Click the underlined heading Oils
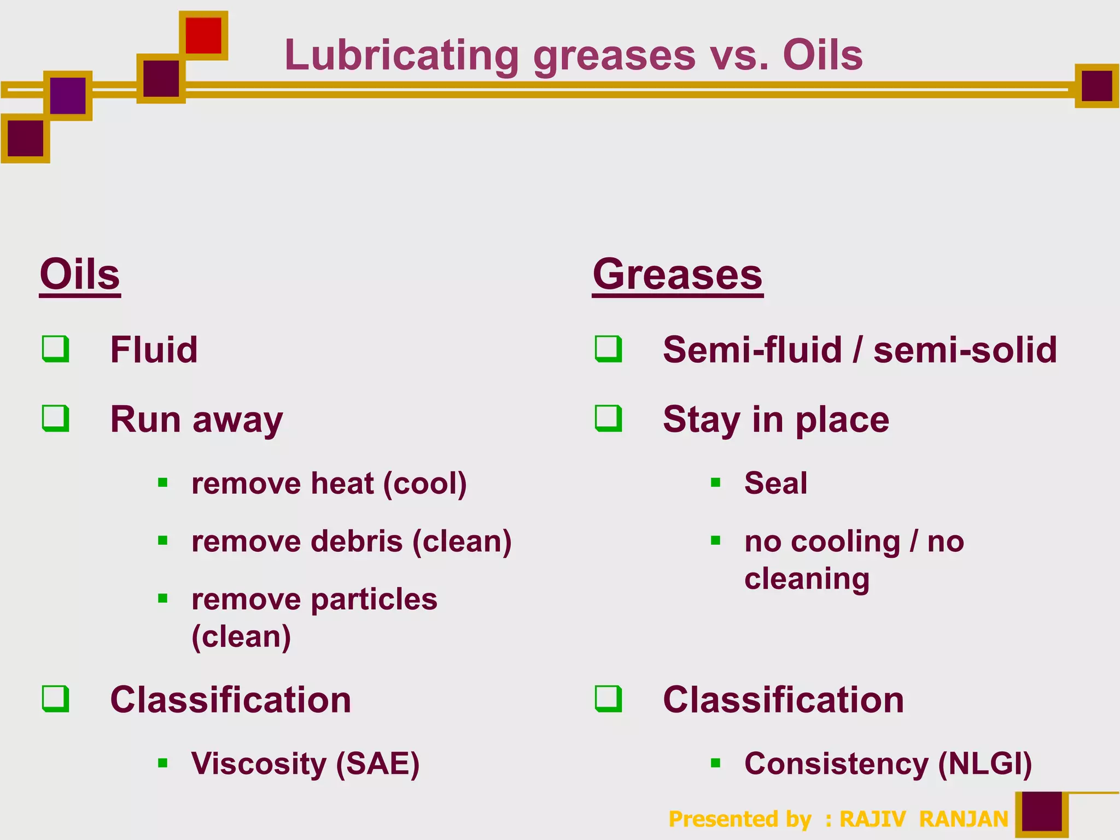pos(80,275)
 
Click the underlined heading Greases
pos(678,275)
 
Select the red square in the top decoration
pos(203,36)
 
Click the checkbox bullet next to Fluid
pos(56,349)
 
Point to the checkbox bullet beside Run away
pos(56,418)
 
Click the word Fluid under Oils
pos(154,349)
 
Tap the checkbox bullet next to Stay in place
pos(609,418)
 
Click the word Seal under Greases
pos(775,483)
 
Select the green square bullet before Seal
pos(715,483)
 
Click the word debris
pos(357,541)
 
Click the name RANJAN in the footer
pos(964,819)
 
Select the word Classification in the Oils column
pos(231,700)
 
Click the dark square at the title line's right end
pos(1096,86)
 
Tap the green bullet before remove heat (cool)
pos(162,483)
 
